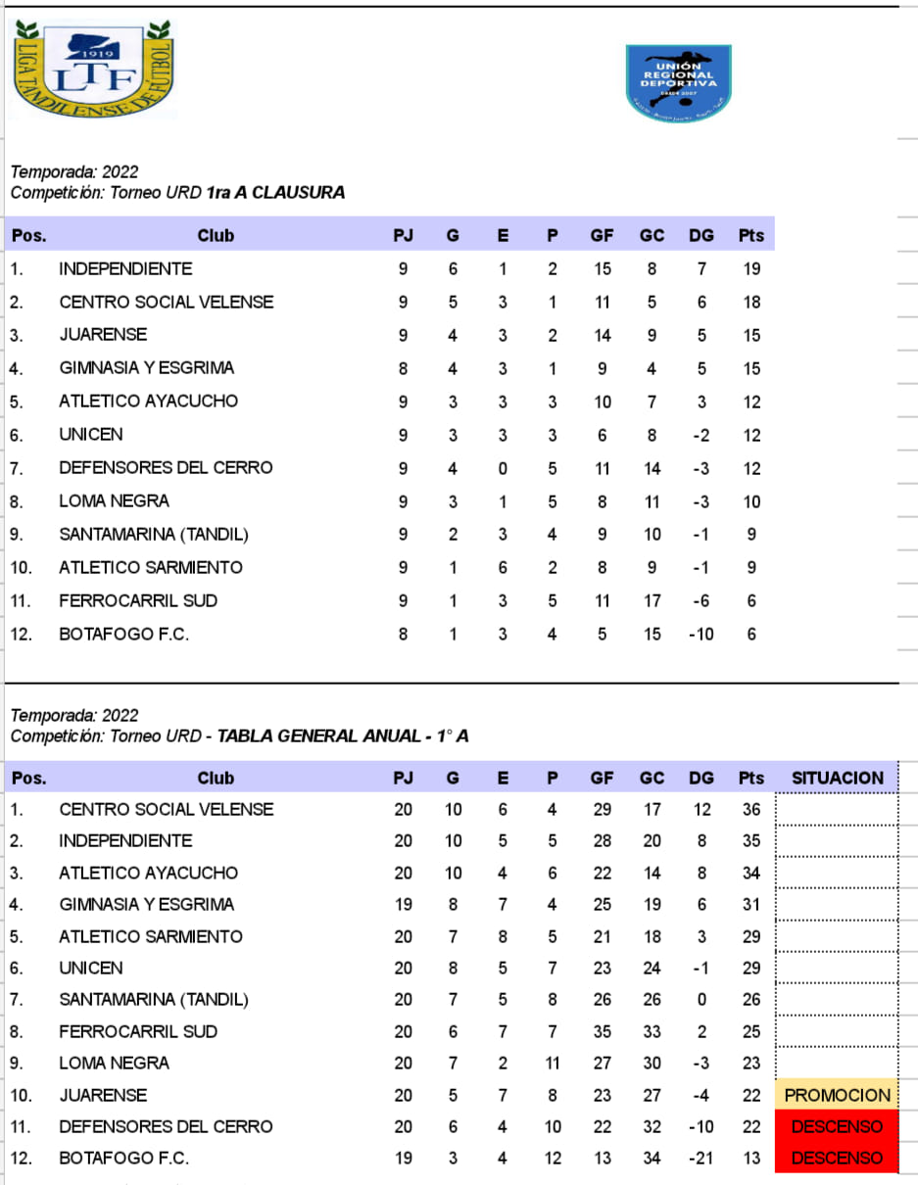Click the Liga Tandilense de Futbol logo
click(x=93, y=71)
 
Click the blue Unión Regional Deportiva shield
click(x=679, y=83)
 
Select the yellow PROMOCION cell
click(x=837, y=1095)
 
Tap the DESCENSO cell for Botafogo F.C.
click(x=837, y=1158)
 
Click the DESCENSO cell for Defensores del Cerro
click(x=837, y=1126)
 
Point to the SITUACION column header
click(x=837, y=779)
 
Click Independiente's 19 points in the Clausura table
click(x=751, y=268)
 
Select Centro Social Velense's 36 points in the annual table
click(x=751, y=809)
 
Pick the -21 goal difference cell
click(x=701, y=1158)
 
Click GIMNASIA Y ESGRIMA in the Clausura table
click(x=147, y=368)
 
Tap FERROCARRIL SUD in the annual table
click(x=138, y=1031)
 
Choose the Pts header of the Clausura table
click(x=751, y=235)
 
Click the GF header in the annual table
click(x=602, y=779)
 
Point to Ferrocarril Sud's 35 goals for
click(x=602, y=1031)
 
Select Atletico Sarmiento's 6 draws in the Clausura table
click(x=503, y=567)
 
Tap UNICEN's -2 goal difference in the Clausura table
click(x=701, y=435)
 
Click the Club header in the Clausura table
click(x=216, y=235)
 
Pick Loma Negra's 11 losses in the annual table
click(x=553, y=1063)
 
